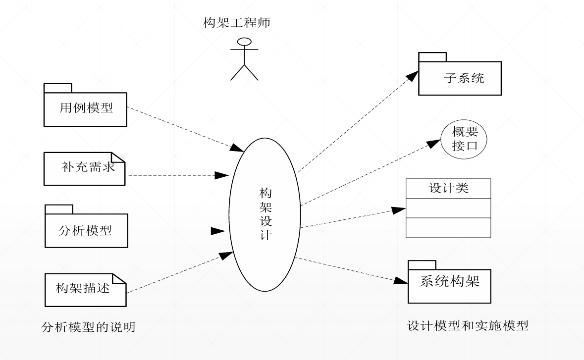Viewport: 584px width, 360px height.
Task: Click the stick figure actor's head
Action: click(x=244, y=42)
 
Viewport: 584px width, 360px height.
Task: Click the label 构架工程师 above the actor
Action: click(x=237, y=23)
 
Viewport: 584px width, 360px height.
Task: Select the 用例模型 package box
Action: click(x=85, y=109)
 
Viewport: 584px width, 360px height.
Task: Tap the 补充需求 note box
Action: click(x=84, y=169)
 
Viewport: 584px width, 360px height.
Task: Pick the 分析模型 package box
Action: click(x=86, y=230)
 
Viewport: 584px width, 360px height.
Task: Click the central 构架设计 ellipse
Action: click(x=265, y=214)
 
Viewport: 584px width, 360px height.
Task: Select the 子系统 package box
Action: click(x=460, y=78)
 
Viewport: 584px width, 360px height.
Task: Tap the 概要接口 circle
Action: click(x=464, y=139)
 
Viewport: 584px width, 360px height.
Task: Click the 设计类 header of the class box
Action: click(x=448, y=189)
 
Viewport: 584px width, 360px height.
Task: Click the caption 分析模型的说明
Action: click(x=88, y=327)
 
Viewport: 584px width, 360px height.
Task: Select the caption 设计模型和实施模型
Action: click(x=468, y=325)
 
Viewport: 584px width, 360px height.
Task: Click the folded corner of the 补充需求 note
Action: click(x=118, y=159)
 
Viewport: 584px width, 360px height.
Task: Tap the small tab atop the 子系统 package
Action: click(x=432, y=56)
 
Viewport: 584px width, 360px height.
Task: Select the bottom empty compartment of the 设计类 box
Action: click(x=448, y=228)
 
